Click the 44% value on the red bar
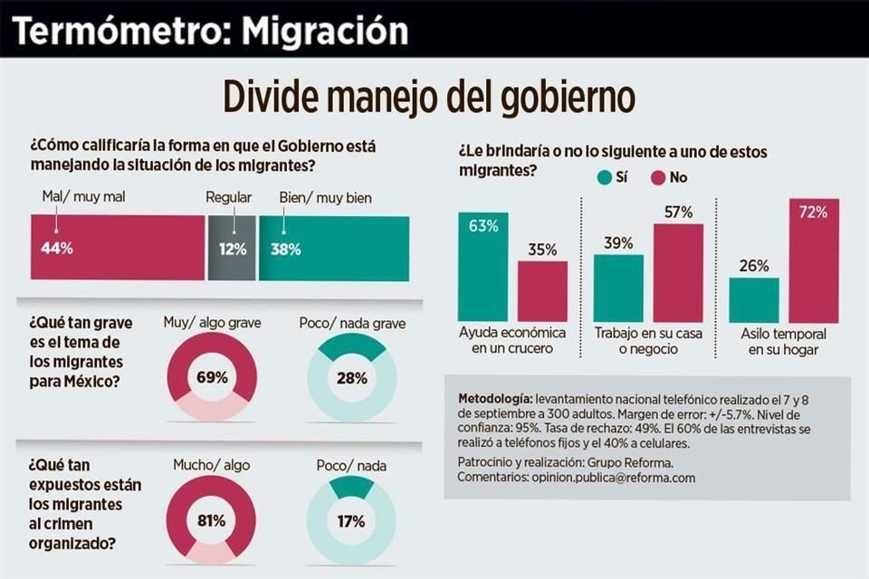pos(56,248)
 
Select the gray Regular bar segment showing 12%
pos(233,248)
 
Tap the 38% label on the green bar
pos(286,248)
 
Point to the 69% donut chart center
pos(211,376)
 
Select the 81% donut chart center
pos(211,520)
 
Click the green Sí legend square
pos(604,177)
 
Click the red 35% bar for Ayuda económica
pos(542,291)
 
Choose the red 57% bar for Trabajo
pos(678,272)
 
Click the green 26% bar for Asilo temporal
pos(754,299)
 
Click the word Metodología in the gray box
pos(495,398)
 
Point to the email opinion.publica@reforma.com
pos(614,478)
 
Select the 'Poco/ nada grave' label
pos(352,323)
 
